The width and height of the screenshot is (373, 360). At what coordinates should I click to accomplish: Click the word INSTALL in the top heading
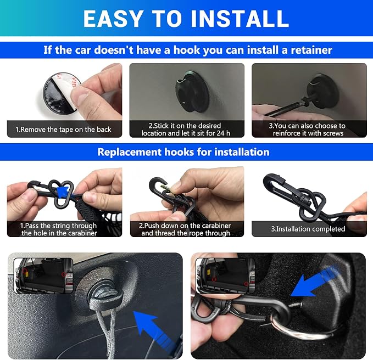tap(240, 19)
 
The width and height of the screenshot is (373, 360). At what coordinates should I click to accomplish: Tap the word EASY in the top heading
tap(113, 19)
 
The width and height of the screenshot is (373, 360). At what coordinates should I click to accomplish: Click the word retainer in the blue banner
tap(311, 50)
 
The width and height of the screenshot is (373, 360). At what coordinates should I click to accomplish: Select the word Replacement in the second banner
tap(130, 152)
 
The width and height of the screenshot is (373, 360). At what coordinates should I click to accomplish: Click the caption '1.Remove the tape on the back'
tap(63, 130)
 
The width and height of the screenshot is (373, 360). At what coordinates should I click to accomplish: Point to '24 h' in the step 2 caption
tap(223, 133)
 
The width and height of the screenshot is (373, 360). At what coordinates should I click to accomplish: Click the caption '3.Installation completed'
tap(308, 229)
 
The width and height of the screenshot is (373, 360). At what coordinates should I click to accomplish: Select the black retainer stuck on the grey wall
tap(192, 92)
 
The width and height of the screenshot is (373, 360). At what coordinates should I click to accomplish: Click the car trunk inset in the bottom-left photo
tap(43, 275)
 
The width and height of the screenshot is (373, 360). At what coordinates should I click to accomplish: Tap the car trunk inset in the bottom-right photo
tap(225, 275)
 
